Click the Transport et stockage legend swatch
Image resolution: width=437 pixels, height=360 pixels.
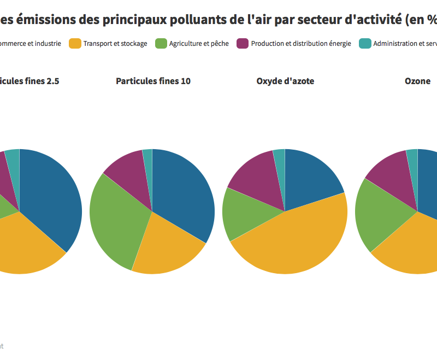tap(75, 44)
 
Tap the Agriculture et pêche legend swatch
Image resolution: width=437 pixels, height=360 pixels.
tap(161, 44)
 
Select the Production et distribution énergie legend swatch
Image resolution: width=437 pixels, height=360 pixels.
tap(243, 44)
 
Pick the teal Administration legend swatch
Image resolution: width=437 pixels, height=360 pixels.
tap(365, 44)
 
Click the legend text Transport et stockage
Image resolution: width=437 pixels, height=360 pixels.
tap(115, 44)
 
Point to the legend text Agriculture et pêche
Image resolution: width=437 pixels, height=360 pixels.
tap(199, 44)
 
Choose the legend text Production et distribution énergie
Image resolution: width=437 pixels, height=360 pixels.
tap(301, 44)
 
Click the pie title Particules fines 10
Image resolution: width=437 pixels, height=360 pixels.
tap(153, 81)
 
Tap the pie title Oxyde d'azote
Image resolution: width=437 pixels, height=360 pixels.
tap(285, 81)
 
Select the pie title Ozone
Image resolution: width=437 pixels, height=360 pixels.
tap(417, 81)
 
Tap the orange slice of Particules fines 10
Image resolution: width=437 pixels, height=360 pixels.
tap(167, 246)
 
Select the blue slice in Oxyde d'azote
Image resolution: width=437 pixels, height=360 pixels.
tap(311, 178)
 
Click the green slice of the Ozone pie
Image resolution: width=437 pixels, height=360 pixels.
tap(380, 216)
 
